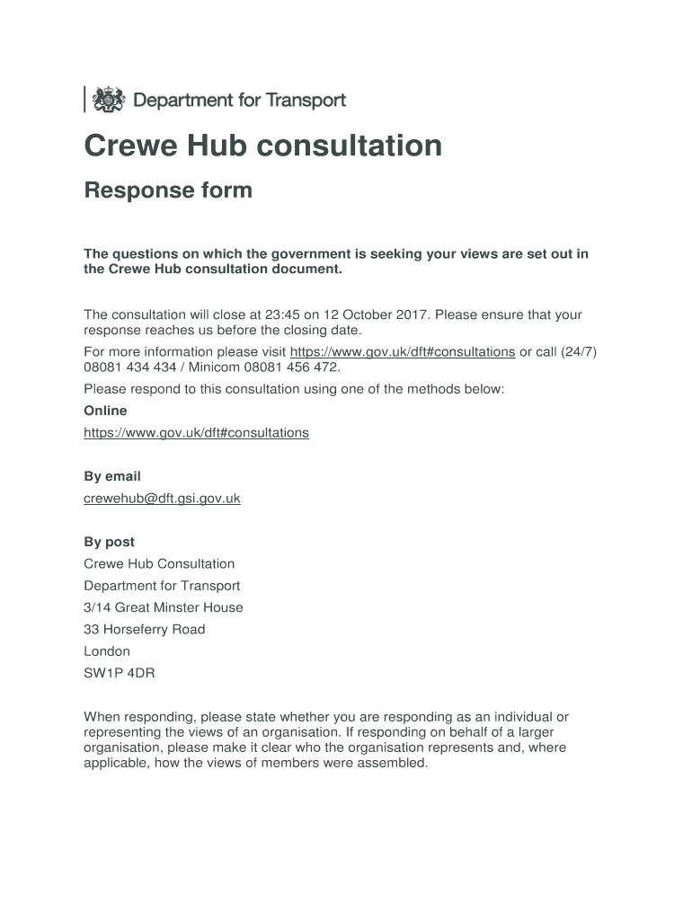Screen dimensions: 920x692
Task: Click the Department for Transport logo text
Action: (x=239, y=101)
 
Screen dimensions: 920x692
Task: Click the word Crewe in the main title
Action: (x=129, y=146)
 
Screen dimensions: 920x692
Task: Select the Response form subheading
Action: (x=168, y=190)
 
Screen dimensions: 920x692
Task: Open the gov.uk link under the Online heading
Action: (x=196, y=433)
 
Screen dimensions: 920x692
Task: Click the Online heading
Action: (x=105, y=411)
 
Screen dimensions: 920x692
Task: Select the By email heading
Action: (x=112, y=476)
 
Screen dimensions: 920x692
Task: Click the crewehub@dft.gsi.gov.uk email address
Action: (x=162, y=498)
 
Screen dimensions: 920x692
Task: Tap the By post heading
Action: (x=109, y=542)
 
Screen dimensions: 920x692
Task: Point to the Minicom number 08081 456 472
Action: (x=289, y=367)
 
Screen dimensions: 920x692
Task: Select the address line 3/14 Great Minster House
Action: (x=163, y=607)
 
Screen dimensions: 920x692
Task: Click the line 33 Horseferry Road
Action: (x=144, y=629)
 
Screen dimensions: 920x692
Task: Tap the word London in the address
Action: (x=107, y=651)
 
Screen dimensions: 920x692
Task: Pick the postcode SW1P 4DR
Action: (x=120, y=673)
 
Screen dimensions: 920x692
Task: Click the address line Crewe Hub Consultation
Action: (x=159, y=564)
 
